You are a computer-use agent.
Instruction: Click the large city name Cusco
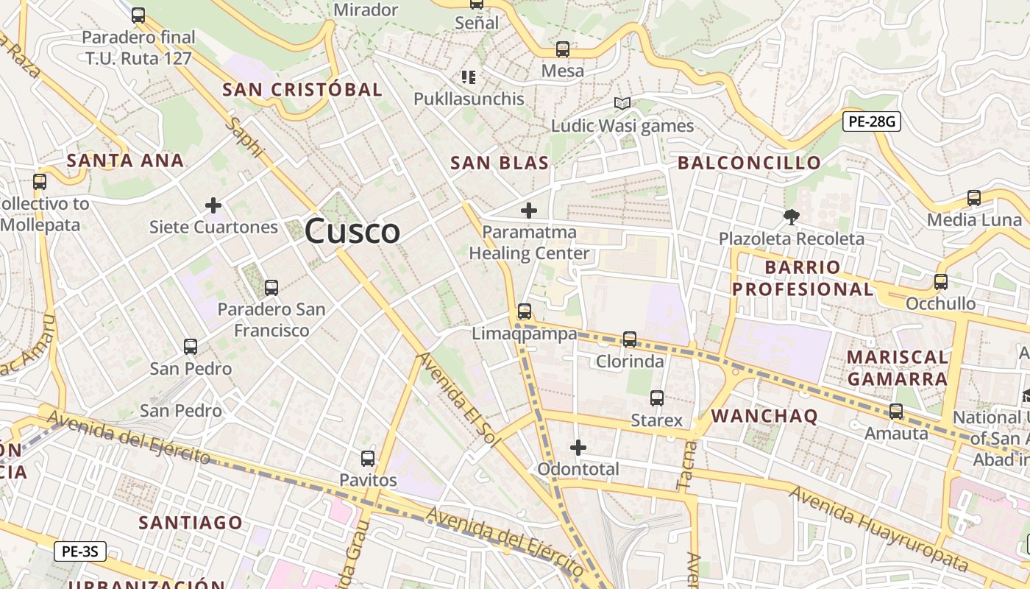click(352, 231)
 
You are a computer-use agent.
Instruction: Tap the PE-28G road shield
click(872, 121)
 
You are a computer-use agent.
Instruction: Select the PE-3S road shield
click(80, 551)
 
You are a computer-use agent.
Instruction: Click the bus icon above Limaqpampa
click(525, 311)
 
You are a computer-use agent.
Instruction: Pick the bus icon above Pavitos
click(368, 459)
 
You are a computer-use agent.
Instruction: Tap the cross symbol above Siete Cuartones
click(213, 205)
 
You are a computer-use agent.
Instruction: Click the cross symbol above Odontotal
click(578, 447)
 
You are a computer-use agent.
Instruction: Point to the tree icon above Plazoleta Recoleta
click(792, 216)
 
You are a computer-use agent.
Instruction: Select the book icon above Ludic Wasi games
click(622, 104)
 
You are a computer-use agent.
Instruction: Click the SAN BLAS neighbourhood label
click(500, 163)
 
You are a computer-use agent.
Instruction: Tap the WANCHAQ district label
click(764, 416)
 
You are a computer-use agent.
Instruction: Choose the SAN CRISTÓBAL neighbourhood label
click(302, 90)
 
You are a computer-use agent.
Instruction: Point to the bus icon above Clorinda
click(630, 339)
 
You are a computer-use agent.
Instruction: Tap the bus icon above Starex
click(657, 398)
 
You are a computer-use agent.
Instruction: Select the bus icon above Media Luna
click(974, 197)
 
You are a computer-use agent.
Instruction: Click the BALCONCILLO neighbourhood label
click(749, 163)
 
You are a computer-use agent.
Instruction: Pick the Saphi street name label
click(245, 138)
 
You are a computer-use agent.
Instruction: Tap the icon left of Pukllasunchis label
click(468, 77)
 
